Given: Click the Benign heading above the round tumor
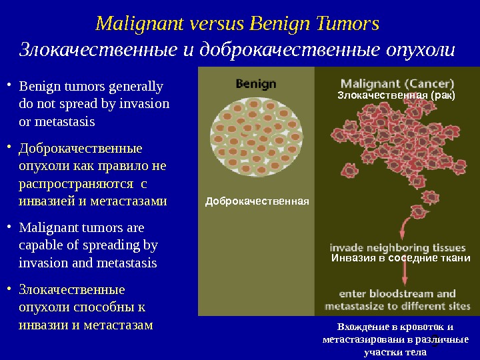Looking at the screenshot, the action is [x=257, y=84].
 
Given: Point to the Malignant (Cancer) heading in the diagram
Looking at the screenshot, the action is [x=397, y=85].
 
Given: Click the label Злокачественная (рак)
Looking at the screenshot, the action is [x=396, y=96].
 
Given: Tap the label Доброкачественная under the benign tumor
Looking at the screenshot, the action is [x=257, y=201].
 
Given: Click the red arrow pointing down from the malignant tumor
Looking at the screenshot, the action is [x=403, y=227].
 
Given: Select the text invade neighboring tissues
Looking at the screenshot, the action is [x=397, y=244].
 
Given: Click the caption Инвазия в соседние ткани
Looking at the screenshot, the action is [x=401, y=258].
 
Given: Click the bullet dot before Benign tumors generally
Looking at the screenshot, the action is [x=9, y=85].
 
